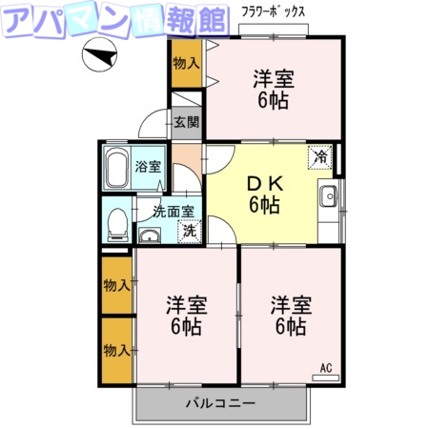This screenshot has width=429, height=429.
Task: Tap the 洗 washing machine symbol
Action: [x=190, y=231]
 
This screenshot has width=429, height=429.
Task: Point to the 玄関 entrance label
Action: [x=187, y=122]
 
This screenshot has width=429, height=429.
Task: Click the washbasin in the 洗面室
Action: [x=151, y=235]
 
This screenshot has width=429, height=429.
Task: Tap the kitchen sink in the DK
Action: [x=329, y=197]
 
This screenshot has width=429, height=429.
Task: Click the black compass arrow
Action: [x=98, y=59]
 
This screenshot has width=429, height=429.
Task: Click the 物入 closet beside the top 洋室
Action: [x=186, y=63]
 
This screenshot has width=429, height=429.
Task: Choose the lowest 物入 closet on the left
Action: [x=116, y=350]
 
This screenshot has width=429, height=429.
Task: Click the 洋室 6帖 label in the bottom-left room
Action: [x=186, y=316]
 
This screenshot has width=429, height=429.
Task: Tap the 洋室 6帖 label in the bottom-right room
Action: [x=289, y=316]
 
